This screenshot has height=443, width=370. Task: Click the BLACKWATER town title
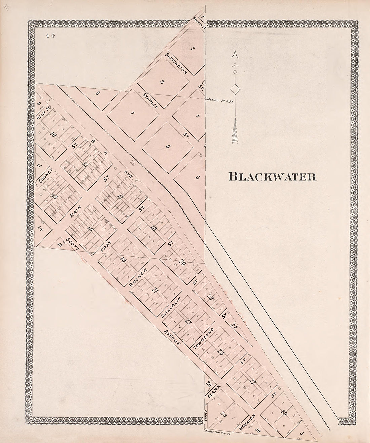click(x=272, y=177)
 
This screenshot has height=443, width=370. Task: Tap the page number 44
click(x=51, y=37)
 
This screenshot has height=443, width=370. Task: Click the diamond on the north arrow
click(x=235, y=90)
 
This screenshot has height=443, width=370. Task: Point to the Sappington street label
click(x=177, y=63)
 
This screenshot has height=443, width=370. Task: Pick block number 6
click(x=168, y=146)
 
